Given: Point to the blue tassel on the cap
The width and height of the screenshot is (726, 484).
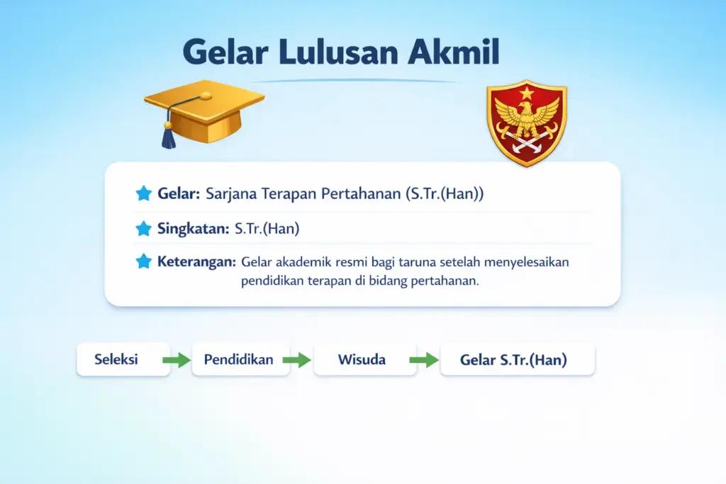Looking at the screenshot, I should [x=168, y=135].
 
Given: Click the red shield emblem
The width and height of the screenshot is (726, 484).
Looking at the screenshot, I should [x=527, y=124].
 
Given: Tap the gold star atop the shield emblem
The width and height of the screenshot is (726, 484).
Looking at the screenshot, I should [x=527, y=93].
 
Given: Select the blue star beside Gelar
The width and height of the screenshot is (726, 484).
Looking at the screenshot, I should [x=144, y=193].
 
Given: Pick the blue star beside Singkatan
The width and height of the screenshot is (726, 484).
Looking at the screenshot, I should [x=144, y=228].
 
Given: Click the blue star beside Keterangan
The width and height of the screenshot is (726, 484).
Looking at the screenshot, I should [x=144, y=261].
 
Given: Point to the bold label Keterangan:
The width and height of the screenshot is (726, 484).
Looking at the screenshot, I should [x=196, y=261].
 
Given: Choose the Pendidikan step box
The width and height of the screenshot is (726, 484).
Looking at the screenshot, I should [x=239, y=359].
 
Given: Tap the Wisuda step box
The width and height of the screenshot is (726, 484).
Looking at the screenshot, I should [x=362, y=359].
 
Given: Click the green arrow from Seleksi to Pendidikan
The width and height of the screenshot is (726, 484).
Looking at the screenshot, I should [x=177, y=360].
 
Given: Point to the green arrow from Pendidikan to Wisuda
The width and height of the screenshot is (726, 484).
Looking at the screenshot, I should [x=297, y=360].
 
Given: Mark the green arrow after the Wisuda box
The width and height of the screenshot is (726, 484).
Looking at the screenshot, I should [x=424, y=360].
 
